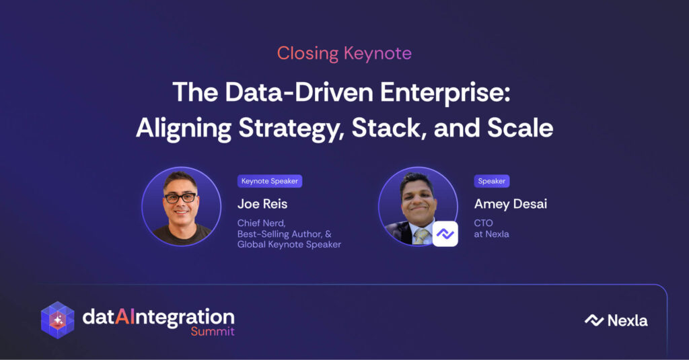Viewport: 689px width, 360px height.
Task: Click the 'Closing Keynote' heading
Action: pos(344,54)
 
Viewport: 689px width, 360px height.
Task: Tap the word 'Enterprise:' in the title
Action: pos(445,92)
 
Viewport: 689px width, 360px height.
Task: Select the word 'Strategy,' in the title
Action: pos(291,129)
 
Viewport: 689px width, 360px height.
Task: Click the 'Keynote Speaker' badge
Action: pos(270,181)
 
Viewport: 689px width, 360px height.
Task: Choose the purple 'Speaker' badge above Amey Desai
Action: pos(492,181)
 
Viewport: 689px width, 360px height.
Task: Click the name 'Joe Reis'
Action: pos(262,204)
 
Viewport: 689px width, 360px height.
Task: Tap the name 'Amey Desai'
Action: pos(511,204)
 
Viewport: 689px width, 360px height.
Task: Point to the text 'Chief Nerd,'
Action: pos(262,223)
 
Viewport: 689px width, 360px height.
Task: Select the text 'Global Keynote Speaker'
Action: pos(289,244)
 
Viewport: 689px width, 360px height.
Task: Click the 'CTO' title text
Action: pos(483,223)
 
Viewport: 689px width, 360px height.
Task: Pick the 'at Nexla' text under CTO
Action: pos(491,234)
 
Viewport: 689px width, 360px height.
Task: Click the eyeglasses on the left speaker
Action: pos(180,198)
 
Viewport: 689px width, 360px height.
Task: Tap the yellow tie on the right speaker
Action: pos(421,236)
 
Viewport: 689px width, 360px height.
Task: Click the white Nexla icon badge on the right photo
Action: pos(445,234)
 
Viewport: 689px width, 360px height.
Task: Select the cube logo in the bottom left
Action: pos(58,320)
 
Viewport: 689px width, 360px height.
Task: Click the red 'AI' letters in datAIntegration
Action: pos(124,316)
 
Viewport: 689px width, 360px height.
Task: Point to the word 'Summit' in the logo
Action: pos(213,332)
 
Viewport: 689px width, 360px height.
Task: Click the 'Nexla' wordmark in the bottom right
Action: pos(628,321)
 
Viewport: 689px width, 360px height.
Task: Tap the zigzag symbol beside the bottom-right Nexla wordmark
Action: pos(594,320)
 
